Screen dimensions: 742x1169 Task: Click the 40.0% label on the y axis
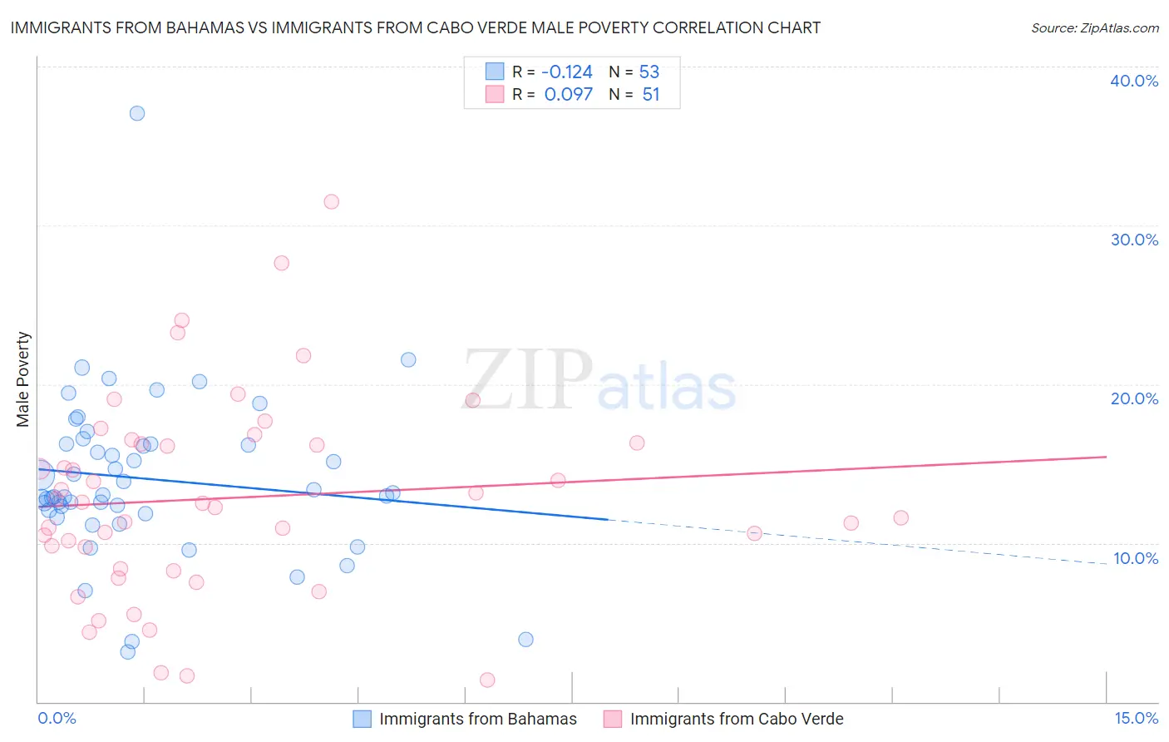[x=1133, y=81]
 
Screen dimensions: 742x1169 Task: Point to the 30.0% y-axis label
[x=1133, y=240]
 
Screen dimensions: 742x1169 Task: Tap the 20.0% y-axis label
[x=1133, y=398]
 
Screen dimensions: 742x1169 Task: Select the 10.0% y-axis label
[x=1135, y=558]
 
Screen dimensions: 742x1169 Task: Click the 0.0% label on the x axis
[x=57, y=718]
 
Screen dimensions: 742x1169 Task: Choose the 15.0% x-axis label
[x=1136, y=718]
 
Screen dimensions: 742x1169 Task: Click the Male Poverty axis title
[x=23, y=379]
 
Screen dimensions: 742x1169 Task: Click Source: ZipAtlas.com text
[x=1094, y=27]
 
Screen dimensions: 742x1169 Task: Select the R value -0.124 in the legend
[x=567, y=72]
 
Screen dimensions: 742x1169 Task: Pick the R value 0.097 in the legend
[x=569, y=95]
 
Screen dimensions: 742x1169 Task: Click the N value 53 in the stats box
[x=649, y=72]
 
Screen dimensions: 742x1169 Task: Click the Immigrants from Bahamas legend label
[x=477, y=719]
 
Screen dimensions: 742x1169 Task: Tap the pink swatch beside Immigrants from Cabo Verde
[x=613, y=719]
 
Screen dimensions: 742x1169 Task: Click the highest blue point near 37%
[x=137, y=113]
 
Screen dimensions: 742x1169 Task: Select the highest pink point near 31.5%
[x=331, y=201]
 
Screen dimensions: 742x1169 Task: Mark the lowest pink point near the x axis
[x=487, y=680]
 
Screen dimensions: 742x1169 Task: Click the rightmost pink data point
[x=900, y=517]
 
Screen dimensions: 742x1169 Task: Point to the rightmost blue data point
[x=525, y=639]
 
